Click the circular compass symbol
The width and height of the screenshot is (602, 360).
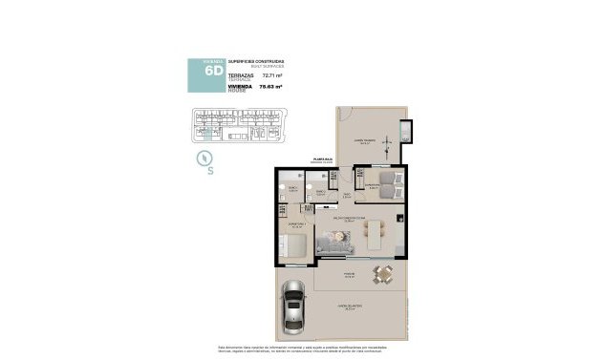(x=203, y=158)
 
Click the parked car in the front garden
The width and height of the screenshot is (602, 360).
(x=293, y=306)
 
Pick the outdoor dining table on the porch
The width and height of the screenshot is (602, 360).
(x=383, y=275)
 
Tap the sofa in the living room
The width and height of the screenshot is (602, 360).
(x=335, y=247)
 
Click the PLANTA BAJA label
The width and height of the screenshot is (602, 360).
(x=322, y=160)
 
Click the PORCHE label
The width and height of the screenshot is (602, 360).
(x=350, y=269)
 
